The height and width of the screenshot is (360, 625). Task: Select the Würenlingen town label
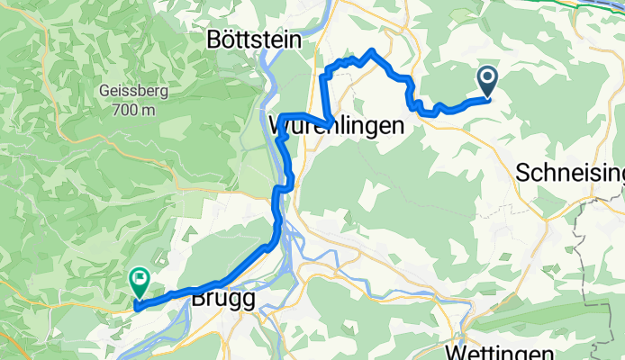[x=335, y=127]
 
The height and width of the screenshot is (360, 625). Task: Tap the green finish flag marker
[x=140, y=282]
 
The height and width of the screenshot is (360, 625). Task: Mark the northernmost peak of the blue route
[x=372, y=51]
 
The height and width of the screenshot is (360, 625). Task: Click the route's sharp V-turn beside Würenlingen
[x=331, y=121]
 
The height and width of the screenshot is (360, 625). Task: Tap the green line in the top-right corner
[x=594, y=4]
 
